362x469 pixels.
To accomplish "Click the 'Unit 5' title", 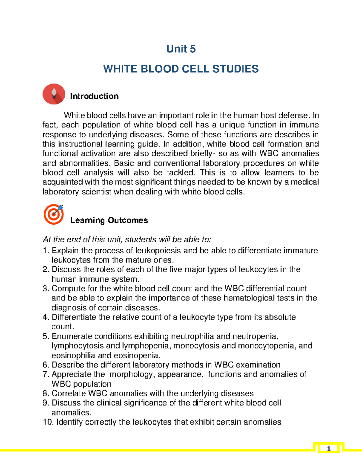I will pyautogui.click(x=181, y=49).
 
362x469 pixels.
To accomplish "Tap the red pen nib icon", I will pyautogui.click(x=54, y=94).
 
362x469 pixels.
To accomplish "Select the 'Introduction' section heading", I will pyautogui.click(x=94, y=96).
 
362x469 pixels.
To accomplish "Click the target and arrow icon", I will pyautogui.click(x=54, y=214).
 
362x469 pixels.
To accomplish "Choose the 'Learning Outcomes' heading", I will pyautogui.click(x=109, y=220).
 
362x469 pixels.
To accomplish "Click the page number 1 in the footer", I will pyautogui.click(x=329, y=449).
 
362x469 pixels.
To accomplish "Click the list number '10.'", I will pyautogui.click(x=48, y=422).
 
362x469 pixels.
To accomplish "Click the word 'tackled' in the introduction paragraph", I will pyautogui.click(x=181, y=172).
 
